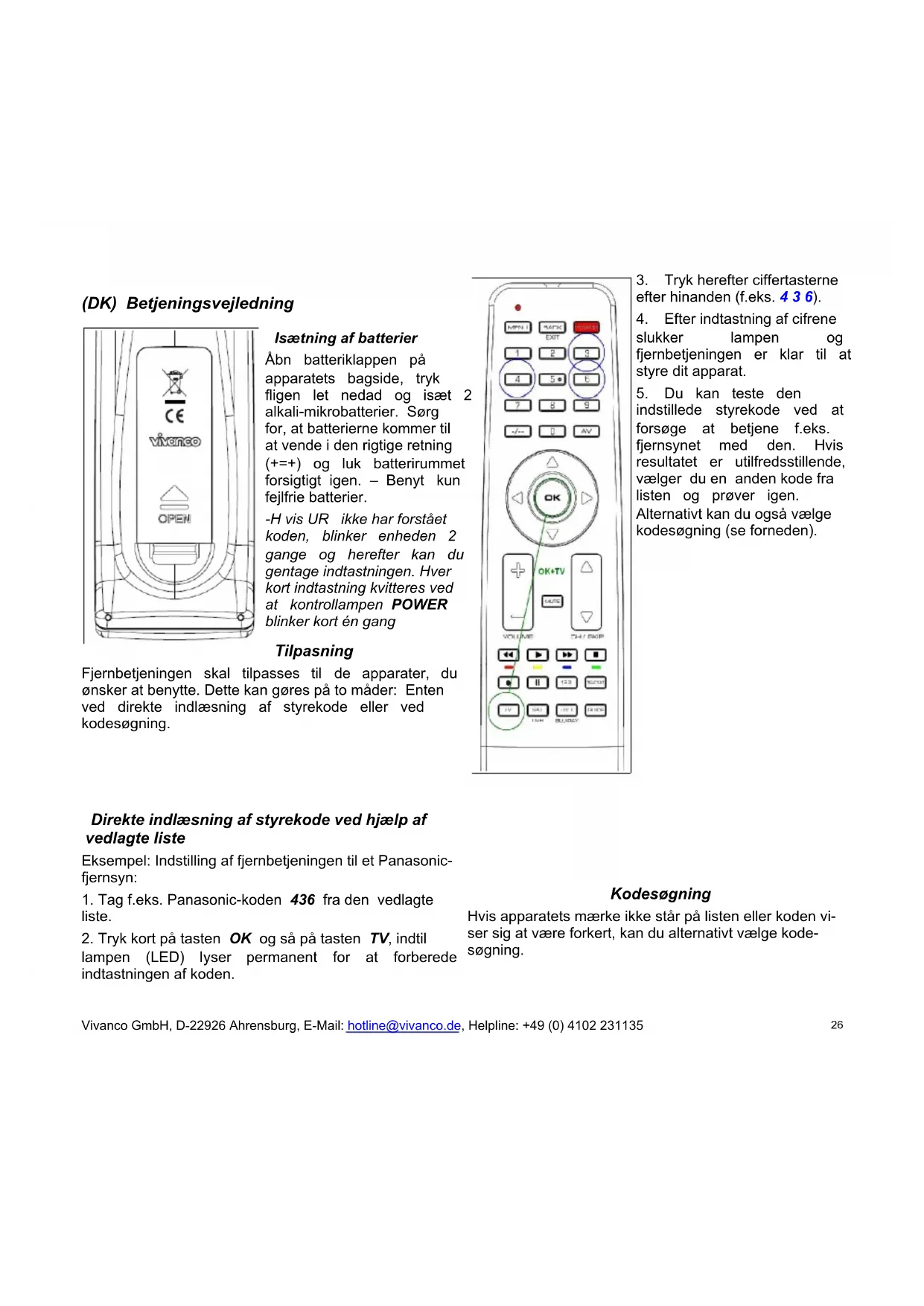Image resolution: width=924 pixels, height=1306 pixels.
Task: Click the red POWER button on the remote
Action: pyautogui.click(x=586, y=328)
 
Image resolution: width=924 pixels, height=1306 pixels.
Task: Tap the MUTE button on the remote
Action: pyautogui.click(x=552, y=601)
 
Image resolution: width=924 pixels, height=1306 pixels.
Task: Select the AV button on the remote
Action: pyautogui.click(x=586, y=431)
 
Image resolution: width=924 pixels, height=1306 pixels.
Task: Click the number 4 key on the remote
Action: pyautogui.click(x=517, y=379)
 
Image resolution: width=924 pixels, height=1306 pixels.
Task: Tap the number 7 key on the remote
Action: pyautogui.click(x=517, y=405)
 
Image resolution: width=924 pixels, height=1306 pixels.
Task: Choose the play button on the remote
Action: pyautogui.click(x=538, y=655)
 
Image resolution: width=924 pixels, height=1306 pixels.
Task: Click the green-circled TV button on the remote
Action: pyautogui.click(x=508, y=710)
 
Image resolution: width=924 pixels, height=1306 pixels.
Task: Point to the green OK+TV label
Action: pyautogui.click(x=551, y=571)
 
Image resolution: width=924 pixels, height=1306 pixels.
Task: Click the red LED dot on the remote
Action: pyautogui.click(x=517, y=308)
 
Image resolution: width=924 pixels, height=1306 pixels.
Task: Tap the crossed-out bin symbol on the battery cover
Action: pyautogui.click(x=174, y=383)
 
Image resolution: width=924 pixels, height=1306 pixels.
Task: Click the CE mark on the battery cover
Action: pyautogui.click(x=174, y=415)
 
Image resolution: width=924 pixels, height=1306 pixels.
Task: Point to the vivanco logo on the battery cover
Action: pyautogui.click(x=175, y=441)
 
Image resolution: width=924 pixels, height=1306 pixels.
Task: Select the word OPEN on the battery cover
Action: pyautogui.click(x=174, y=518)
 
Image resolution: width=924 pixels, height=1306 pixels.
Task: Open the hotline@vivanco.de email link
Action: pyautogui.click(x=404, y=1025)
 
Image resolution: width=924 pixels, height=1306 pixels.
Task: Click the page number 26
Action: pyautogui.click(x=837, y=1025)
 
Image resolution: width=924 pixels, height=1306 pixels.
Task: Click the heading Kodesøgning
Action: pyautogui.click(x=660, y=894)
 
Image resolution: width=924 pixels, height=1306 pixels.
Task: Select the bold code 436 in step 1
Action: pyautogui.click(x=302, y=899)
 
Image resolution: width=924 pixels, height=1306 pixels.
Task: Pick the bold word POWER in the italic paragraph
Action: pyautogui.click(x=419, y=605)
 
